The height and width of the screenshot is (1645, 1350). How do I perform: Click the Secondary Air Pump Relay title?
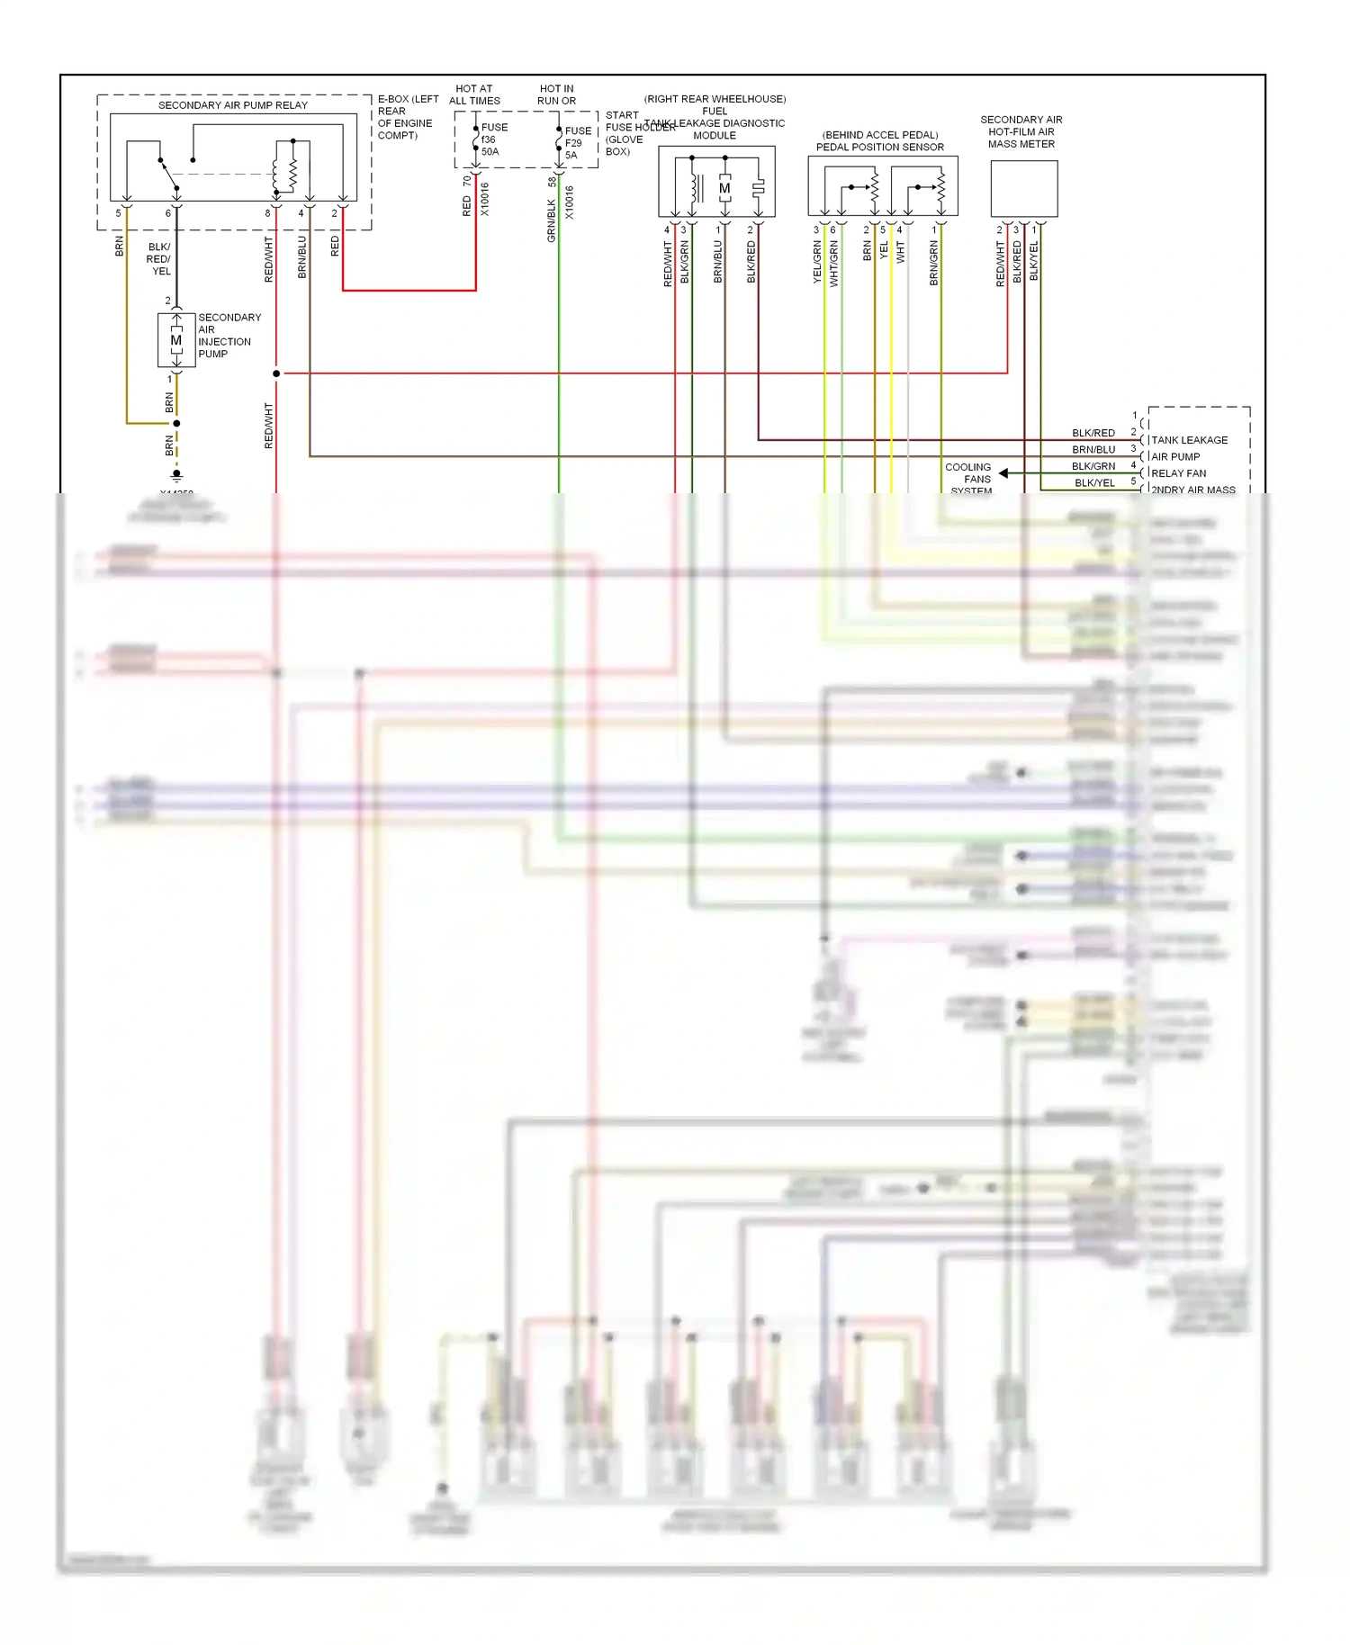(232, 105)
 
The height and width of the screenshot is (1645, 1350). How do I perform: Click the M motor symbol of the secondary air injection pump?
(176, 340)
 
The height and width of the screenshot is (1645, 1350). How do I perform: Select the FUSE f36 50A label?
(493, 139)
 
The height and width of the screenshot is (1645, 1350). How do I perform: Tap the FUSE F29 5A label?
(577, 143)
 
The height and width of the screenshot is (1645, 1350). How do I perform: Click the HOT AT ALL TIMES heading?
(474, 94)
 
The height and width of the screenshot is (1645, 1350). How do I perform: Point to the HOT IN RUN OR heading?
(556, 94)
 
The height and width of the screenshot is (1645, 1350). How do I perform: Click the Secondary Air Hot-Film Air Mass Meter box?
(1023, 188)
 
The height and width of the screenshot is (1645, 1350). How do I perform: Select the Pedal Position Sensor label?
(879, 148)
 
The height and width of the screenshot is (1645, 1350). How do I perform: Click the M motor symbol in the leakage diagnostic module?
(724, 189)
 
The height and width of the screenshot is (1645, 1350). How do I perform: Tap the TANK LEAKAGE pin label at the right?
(1189, 440)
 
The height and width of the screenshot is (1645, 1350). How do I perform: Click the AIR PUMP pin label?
(1175, 456)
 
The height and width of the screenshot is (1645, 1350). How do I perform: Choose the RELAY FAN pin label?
(1178, 473)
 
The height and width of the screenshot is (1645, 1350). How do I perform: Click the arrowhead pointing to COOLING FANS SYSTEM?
(1003, 472)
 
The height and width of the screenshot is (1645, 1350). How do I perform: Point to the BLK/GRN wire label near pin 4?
(1093, 466)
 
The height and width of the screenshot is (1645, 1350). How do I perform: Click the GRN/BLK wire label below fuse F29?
(552, 221)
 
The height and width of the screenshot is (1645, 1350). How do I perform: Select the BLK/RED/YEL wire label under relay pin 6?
(159, 259)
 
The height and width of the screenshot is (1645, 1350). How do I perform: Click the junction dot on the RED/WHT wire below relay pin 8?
(276, 373)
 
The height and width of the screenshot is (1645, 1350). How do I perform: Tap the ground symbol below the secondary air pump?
(176, 474)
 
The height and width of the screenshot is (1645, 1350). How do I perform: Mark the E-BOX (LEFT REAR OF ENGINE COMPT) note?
(407, 117)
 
